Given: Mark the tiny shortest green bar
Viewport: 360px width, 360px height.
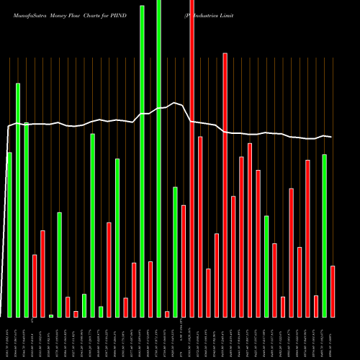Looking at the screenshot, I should click(x=51, y=315).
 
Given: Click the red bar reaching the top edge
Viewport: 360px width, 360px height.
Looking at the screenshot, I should click(x=192, y=158).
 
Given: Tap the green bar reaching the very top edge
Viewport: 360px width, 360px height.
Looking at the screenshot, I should click(x=158, y=158).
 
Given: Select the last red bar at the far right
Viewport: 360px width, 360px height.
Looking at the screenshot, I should click(x=333, y=292).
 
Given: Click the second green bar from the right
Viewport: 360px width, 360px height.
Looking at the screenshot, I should click(x=266, y=266).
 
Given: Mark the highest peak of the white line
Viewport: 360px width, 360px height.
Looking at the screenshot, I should click(x=174, y=102).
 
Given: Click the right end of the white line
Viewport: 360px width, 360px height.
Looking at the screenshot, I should click(x=331, y=137).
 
